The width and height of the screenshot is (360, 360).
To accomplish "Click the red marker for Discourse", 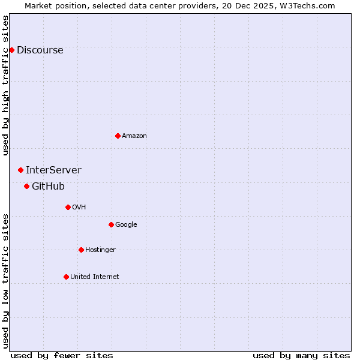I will click(11, 50).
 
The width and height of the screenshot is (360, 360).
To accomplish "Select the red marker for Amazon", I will click(118, 136).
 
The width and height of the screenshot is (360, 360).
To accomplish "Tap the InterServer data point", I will click(20, 170).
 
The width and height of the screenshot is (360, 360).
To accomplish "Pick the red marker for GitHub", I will click(26, 186).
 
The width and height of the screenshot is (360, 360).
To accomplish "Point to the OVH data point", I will click(68, 207).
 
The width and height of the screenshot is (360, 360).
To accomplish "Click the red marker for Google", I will click(111, 224).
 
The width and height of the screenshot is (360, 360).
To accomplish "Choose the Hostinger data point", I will click(81, 250).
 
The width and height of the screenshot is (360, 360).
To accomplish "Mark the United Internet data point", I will click(66, 277).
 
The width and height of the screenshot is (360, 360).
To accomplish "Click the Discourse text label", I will click(40, 50).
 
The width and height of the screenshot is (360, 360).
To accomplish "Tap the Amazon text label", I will click(134, 136).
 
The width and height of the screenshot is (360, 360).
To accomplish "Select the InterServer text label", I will click(53, 170).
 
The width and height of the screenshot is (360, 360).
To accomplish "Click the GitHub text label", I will click(48, 186).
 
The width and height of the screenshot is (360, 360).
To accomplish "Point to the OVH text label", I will click(79, 207).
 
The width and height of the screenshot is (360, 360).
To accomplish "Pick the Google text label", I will click(126, 224).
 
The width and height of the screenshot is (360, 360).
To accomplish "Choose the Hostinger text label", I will click(100, 250).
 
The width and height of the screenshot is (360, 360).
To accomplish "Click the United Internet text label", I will click(94, 277).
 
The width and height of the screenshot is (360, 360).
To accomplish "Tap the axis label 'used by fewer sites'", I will click(62, 355).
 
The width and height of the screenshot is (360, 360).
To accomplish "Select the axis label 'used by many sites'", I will click(301, 355).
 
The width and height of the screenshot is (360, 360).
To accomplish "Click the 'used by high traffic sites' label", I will click(5, 85).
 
